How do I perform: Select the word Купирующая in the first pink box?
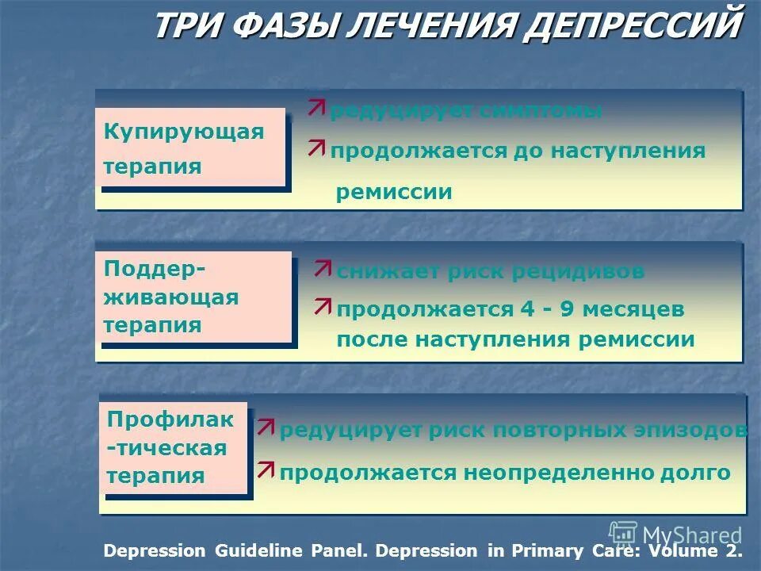184,132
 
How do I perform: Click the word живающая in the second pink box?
171,297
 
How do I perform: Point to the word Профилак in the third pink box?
170,420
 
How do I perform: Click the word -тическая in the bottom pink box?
166,448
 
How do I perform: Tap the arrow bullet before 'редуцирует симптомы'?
317,108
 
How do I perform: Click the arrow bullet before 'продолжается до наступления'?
317,147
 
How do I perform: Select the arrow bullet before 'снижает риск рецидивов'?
323,268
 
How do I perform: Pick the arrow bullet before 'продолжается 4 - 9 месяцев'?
323,306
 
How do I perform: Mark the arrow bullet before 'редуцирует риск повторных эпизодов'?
266,428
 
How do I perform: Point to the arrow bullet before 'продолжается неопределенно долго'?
266,469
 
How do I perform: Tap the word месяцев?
633,310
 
